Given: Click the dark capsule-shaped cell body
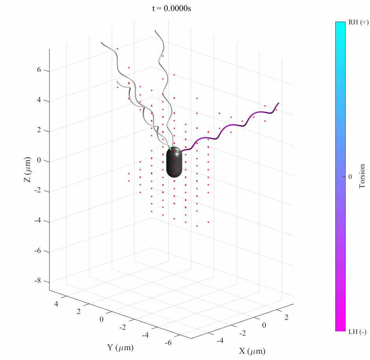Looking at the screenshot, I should click(x=175, y=162).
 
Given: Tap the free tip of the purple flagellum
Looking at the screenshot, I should click(x=279, y=103).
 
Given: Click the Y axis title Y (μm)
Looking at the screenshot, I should click(x=120, y=348).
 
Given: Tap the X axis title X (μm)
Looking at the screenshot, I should click(x=252, y=351).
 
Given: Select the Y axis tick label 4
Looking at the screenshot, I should click(x=56, y=304).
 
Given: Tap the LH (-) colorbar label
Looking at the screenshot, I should click(x=357, y=332).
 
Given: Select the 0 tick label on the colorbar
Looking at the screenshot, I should click(x=350, y=177).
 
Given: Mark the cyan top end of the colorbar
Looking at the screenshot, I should click(x=340, y=25).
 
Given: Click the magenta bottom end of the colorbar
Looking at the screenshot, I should click(x=340, y=328).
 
